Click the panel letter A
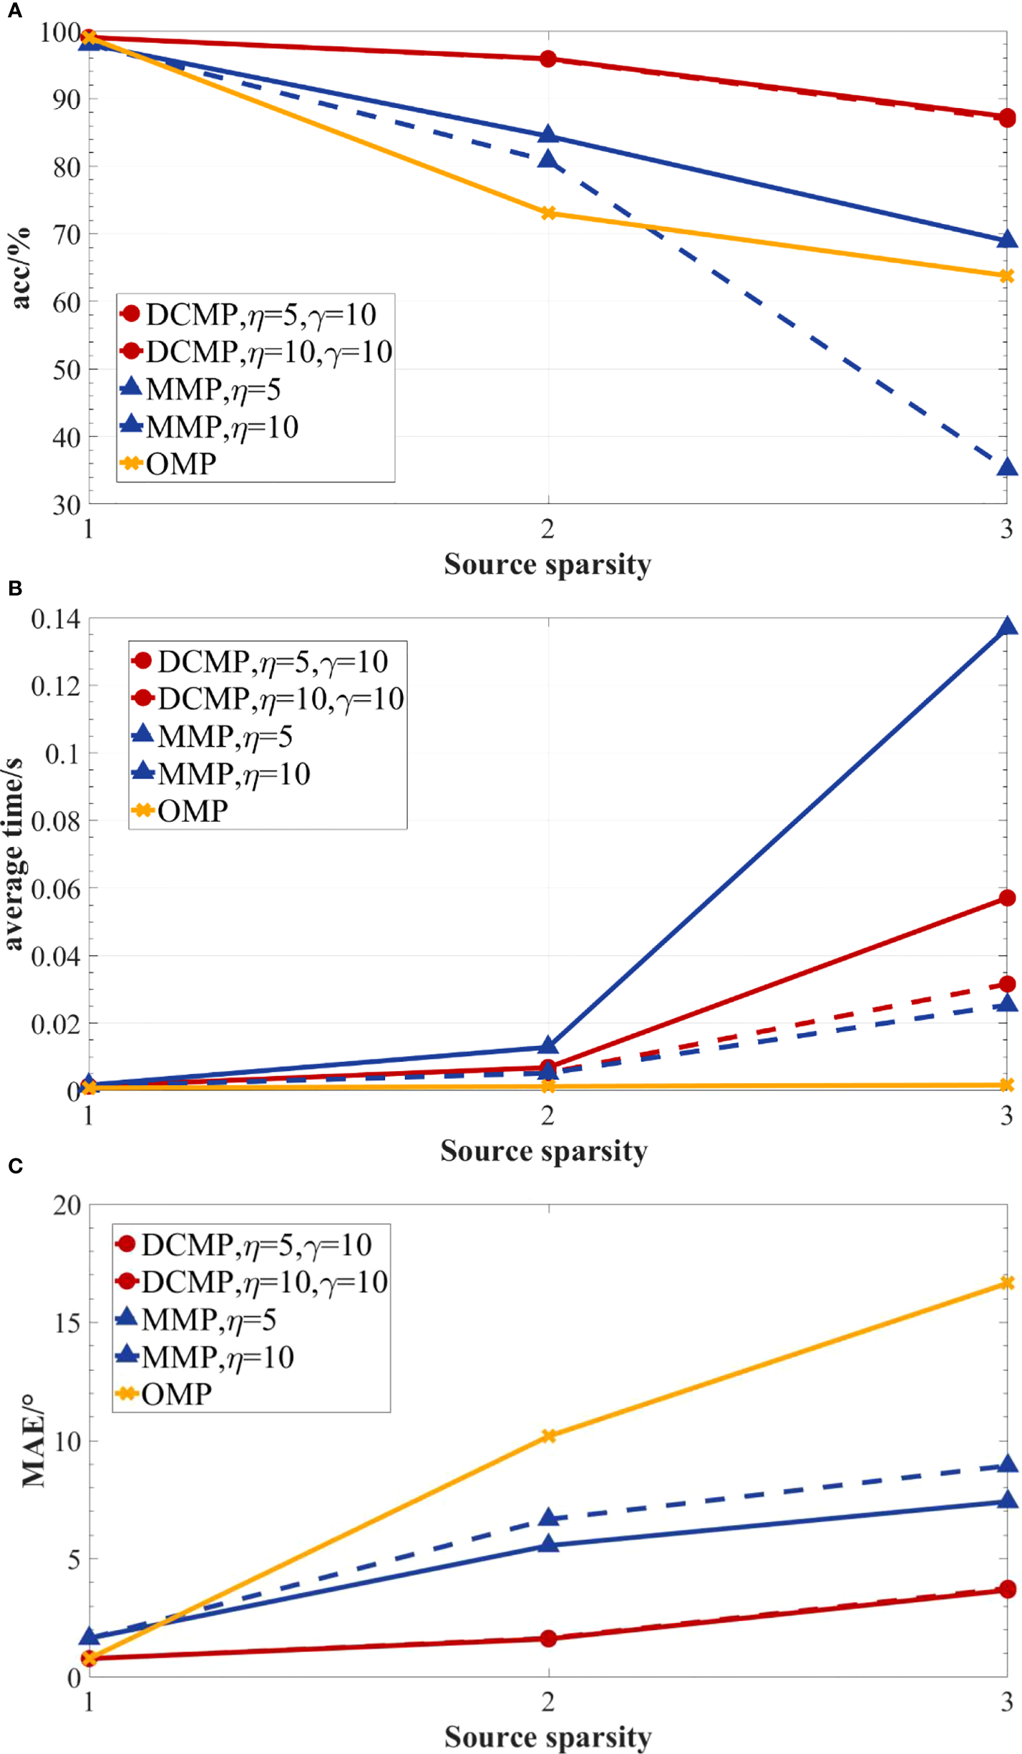point(14,11)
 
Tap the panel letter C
point(15,1166)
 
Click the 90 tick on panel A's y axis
point(66,100)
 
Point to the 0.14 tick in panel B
point(56,619)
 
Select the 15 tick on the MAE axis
point(67,1323)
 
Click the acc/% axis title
point(21,268)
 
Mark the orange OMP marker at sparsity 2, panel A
point(548,213)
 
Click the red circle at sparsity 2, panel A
point(548,59)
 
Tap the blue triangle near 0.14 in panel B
point(1007,627)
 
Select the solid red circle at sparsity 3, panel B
point(1007,898)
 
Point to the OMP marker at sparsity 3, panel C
point(1007,1283)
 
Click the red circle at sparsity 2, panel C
point(548,1639)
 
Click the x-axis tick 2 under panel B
point(547,1115)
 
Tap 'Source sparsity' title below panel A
point(547,564)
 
